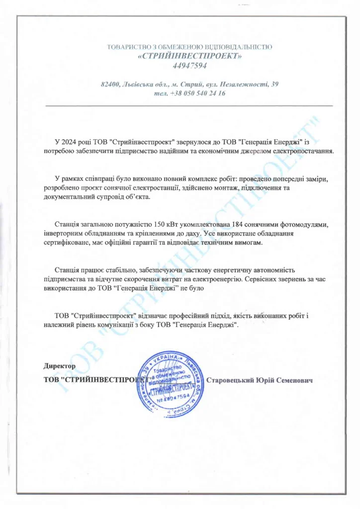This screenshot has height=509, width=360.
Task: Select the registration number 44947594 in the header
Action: [189, 66]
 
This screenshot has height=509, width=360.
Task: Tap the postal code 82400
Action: [109, 84]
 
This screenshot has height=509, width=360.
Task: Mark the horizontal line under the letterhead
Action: [189, 106]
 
